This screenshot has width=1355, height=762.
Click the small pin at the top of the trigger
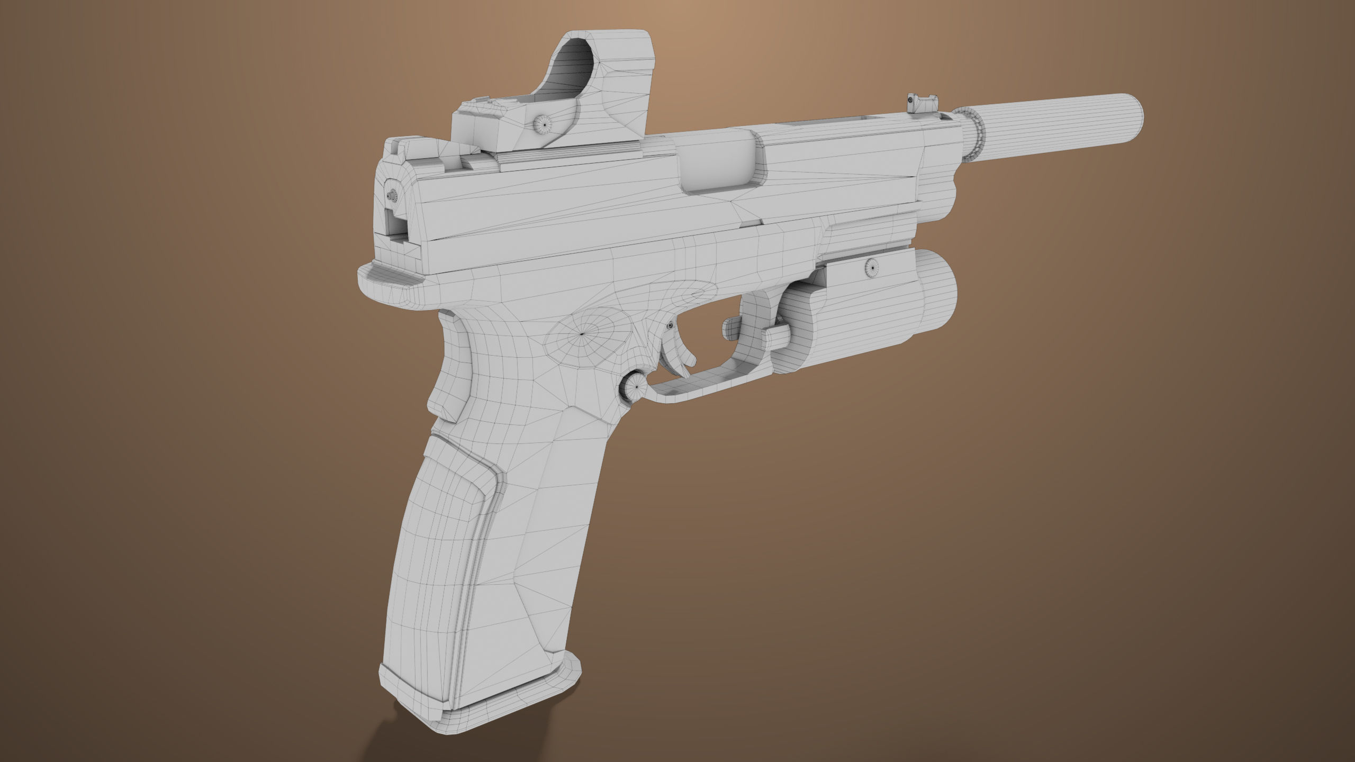point(671,326)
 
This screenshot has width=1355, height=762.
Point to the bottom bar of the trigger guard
point(699,383)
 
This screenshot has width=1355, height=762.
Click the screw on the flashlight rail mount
point(870,268)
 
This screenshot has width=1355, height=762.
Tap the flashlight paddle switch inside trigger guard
point(731,329)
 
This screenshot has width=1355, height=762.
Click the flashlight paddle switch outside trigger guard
point(776,337)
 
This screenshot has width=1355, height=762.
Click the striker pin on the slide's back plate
point(392,196)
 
